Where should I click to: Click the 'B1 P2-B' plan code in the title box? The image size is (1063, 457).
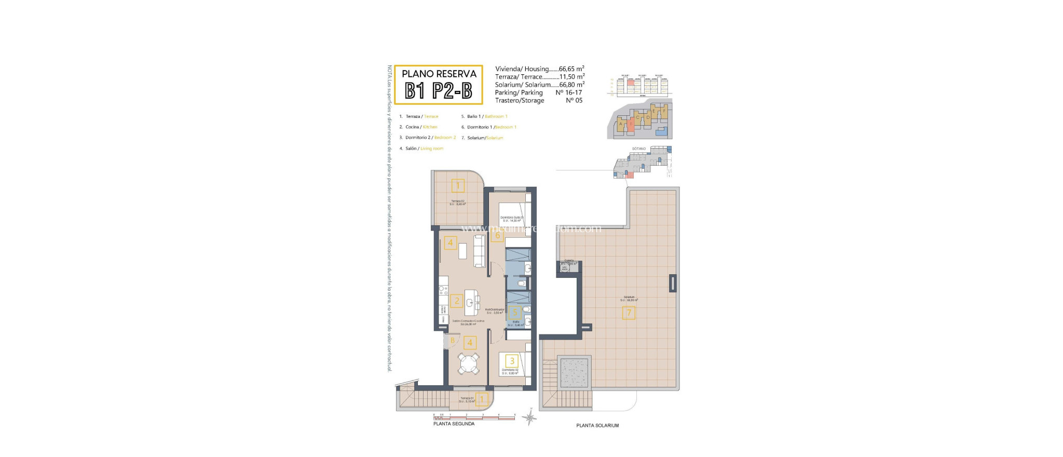pos(438,91)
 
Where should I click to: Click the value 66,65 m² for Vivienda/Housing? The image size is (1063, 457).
pos(571,69)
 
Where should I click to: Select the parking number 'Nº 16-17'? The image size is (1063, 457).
pos(569,92)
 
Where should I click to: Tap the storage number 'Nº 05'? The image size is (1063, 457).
pos(574,100)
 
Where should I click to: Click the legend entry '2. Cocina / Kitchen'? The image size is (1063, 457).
pos(418,127)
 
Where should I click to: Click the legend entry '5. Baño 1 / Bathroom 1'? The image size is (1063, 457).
pos(484,116)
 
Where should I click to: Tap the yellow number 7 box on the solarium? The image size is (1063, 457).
pos(629,313)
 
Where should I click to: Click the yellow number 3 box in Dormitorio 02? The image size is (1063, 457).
pos(512,361)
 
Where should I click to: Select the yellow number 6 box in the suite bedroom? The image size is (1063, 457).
pos(497,235)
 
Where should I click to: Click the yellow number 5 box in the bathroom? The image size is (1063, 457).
pos(515,312)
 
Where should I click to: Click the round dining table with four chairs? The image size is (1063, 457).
pos(105,364)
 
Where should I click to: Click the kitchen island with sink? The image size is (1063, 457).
pos(108,302)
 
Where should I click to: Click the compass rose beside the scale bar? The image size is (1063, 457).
pos(529,417)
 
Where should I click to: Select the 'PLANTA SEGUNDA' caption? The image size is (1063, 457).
pos(454,424)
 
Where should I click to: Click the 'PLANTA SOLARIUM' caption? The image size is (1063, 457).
pos(597,425)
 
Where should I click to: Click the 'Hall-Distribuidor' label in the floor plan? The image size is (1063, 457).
pos(495,310)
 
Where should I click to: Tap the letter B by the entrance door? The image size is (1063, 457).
pos(452,341)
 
